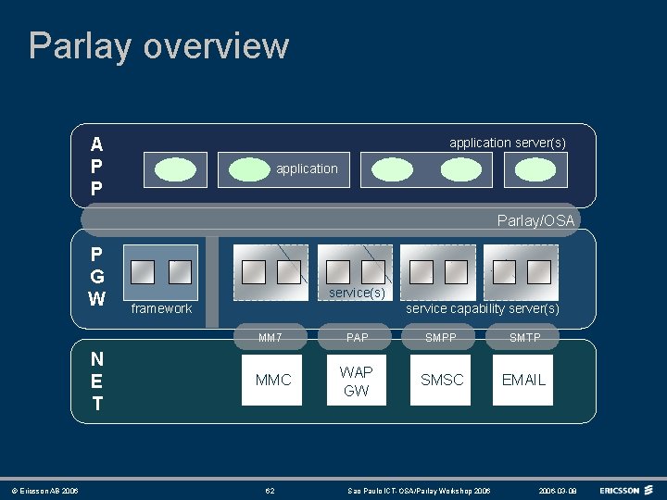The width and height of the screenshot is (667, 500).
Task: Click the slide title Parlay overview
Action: point(158,46)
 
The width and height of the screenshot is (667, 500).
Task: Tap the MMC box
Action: point(272,380)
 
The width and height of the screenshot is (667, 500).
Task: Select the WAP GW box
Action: point(356,381)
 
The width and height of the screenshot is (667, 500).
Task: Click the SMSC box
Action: point(442,380)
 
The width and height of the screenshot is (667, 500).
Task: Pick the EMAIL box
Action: point(523,380)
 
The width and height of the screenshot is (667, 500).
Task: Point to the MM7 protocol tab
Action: point(271,338)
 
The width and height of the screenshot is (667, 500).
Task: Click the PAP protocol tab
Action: point(357,338)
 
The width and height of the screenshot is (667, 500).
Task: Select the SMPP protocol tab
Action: point(441,338)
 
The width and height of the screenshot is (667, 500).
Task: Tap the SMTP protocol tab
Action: point(524,338)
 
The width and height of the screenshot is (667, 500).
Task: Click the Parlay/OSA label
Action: point(535,220)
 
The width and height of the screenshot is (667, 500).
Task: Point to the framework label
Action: point(161,308)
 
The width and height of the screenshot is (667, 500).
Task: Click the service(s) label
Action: point(357,293)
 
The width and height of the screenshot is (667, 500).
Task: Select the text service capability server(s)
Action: point(483,308)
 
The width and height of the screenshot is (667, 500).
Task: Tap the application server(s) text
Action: point(507,143)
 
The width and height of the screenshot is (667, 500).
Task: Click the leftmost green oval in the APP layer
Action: point(175,169)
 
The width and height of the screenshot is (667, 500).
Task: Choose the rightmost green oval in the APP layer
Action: point(534,169)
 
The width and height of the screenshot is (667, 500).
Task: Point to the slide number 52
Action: point(270,489)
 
